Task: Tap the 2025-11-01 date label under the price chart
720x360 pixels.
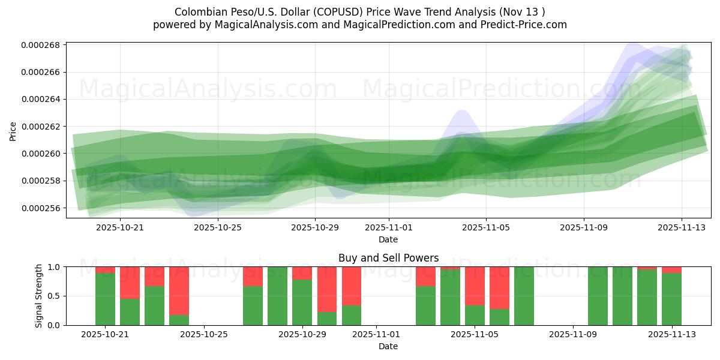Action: click(x=388, y=227)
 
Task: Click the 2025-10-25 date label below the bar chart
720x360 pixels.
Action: click(x=204, y=334)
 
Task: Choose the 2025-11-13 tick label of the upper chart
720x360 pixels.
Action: click(x=681, y=227)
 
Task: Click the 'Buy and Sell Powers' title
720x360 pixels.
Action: click(x=388, y=258)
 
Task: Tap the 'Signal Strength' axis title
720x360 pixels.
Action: click(x=39, y=296)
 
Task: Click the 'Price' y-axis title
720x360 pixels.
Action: click(x=13, y=130)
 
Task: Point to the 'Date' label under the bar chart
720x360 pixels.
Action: click(x=388, y=346)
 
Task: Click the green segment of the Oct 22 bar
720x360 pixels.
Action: click(x=130, y=312)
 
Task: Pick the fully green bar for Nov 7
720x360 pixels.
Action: click(x=524, y=296)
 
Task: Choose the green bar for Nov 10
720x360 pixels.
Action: click(x=598, y=296)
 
